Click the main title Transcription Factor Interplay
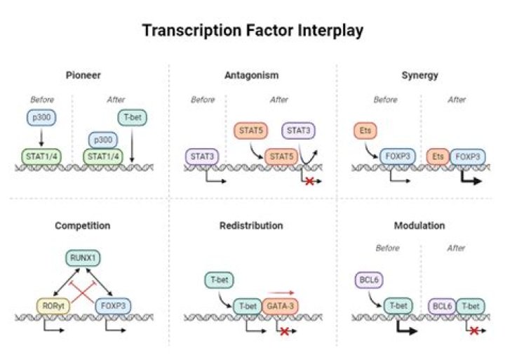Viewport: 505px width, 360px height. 252,31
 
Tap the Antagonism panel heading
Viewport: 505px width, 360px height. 252,75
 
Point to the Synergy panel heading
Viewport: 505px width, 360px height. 422,75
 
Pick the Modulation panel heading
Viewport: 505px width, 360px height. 421,226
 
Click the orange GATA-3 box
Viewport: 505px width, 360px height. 280,305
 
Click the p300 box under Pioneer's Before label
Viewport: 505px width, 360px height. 43,118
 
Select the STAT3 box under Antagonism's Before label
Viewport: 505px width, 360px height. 202,156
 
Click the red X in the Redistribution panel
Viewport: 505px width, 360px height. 285,331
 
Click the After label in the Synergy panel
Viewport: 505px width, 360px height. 457,100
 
